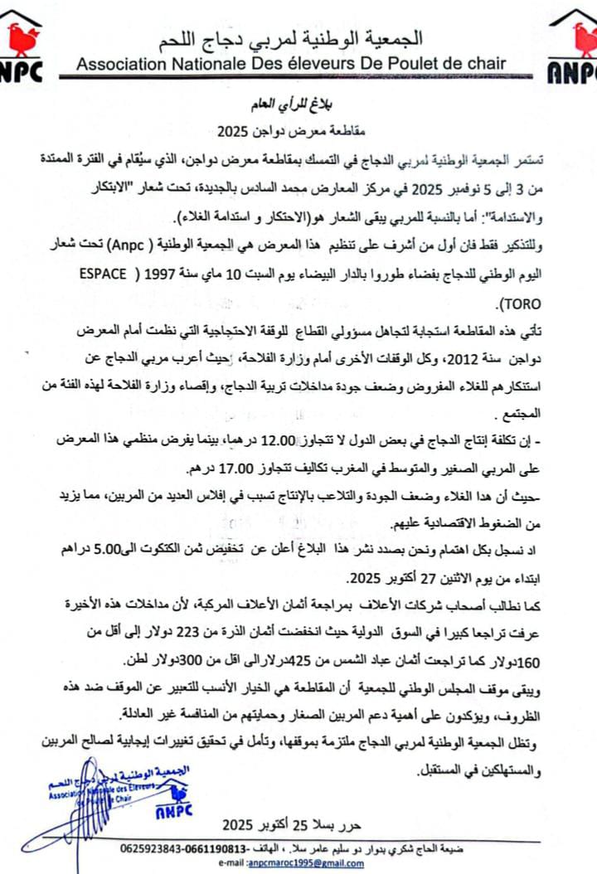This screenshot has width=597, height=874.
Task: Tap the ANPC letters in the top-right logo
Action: coord(573,73)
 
